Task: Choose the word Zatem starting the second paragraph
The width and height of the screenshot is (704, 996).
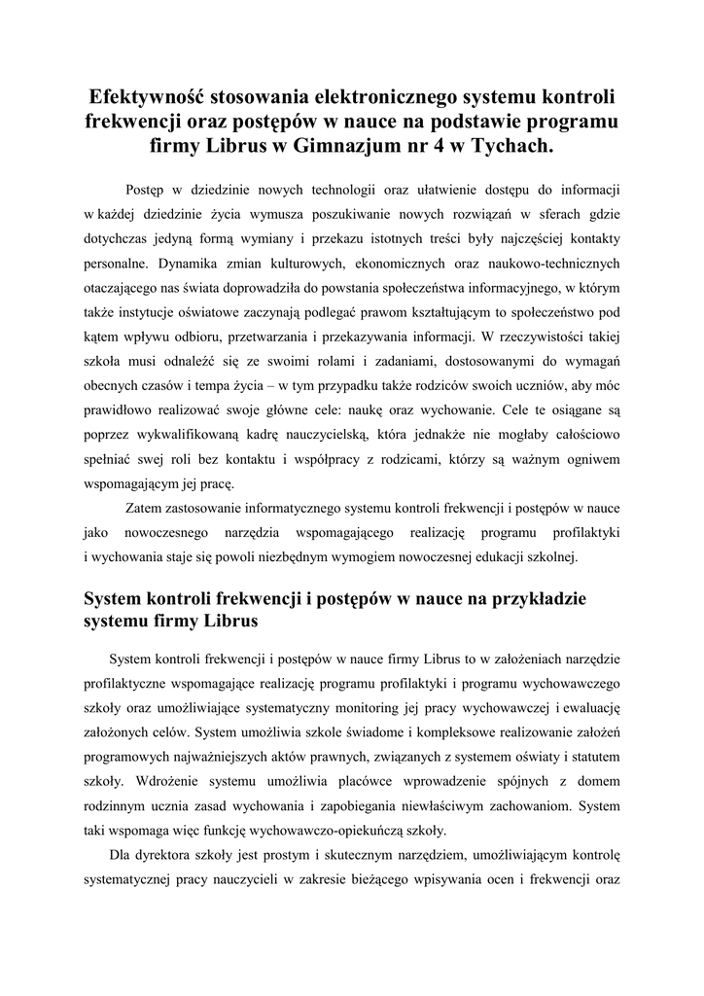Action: click(x=145, y=508)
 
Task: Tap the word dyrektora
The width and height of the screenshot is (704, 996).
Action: click(x=166, y=855)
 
